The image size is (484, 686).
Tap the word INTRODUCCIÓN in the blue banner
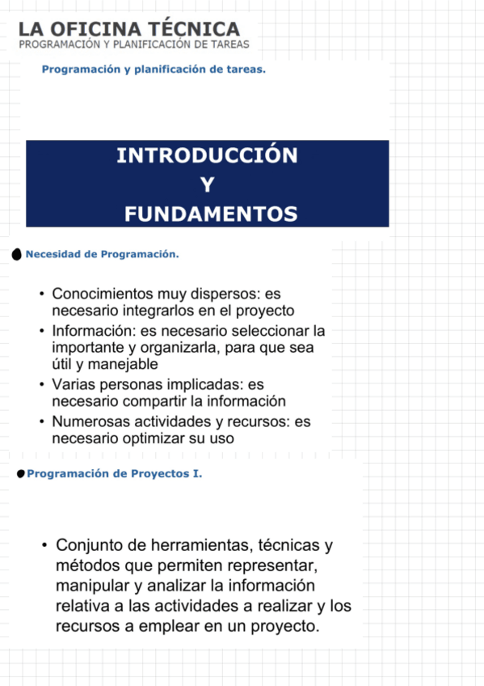click(207, 155)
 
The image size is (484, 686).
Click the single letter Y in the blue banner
click(207, 185)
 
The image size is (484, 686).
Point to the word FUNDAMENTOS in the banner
click(211, 214)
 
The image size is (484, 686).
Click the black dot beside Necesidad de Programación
click(18, 255)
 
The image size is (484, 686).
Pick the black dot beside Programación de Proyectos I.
click(20, 473)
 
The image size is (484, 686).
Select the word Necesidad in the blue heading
click(52, 254)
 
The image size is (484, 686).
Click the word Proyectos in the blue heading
click(158, 473)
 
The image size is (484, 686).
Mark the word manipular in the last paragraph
click(89, 585)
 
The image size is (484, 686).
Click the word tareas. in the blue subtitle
click(246, 70)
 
